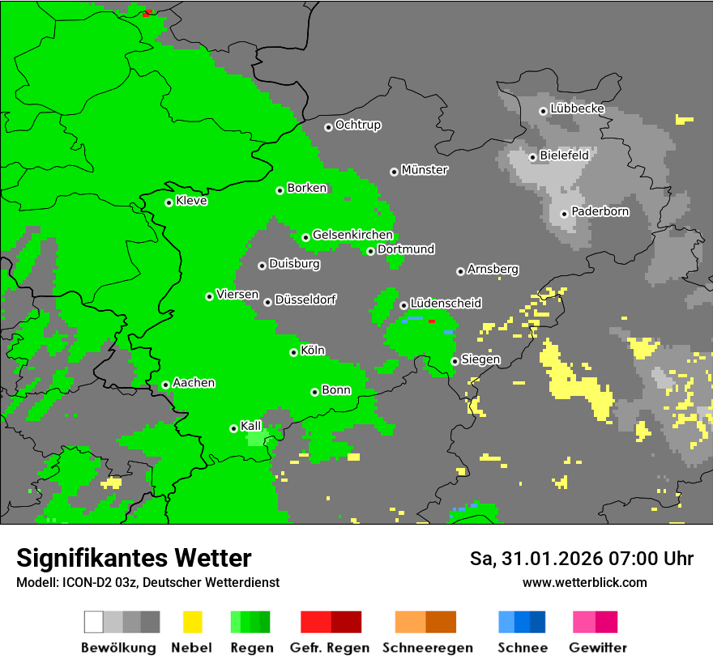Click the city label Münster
[x=425, y=170]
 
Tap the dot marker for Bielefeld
[x=532, y=157]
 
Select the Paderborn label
[x=600, y=211]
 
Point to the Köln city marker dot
[x=293, y=352]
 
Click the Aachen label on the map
[x=194, y=383]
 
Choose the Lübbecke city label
[x=577, y=108]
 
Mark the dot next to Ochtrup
[x=328, y=126]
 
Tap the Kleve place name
[x=191, y=201]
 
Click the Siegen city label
[x=480, y=359]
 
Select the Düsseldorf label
[x=305, y=300]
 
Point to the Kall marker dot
[x=233, y=428]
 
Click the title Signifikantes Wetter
[x=134, y=559]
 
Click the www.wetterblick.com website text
[x=584, y=582]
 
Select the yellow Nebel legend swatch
[x=192, y=622]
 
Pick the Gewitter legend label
[x=597, y=648]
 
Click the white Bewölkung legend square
[x=94, y=622]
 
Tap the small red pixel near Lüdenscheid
[x=432, y=322]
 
